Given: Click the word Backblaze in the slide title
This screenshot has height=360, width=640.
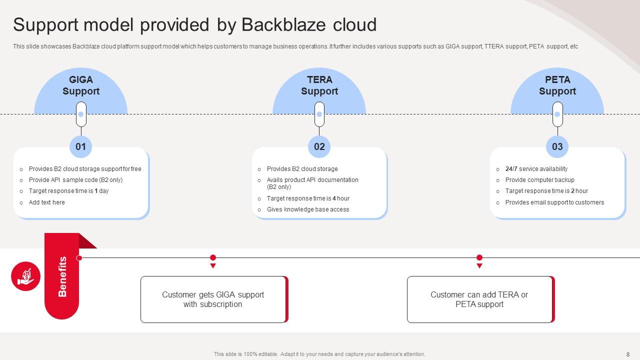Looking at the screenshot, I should [283, 24].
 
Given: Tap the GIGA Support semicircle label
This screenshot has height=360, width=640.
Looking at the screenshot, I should [81, 85].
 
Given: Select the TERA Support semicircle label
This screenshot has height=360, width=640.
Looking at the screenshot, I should [319, 85].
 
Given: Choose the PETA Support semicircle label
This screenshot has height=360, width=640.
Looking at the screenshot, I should [557, 85].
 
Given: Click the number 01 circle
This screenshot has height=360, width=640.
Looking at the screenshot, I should [81, 146].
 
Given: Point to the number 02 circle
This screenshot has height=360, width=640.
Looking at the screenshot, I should [319, 146].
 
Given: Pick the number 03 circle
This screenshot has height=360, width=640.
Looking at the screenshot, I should [557, 146].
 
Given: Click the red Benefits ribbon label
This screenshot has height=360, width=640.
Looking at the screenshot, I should [62, 276].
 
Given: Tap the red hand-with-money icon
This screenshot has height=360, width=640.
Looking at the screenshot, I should [26, 276].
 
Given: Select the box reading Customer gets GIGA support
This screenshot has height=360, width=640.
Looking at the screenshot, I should [213, 299].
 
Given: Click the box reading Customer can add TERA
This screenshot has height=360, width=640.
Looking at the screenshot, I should [479, 299].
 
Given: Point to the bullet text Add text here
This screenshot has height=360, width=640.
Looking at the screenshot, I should [47, 202].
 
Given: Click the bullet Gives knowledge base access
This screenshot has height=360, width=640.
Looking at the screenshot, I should [308, 209].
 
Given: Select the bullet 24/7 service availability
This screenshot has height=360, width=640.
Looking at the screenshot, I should [536, 169].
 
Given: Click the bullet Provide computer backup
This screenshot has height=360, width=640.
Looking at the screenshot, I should [540, 180].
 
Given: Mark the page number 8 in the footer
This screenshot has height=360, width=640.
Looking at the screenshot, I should [628, 354].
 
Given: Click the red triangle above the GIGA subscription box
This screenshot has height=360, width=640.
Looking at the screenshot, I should [213, 266].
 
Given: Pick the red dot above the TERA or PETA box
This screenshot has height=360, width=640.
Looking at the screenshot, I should [479, 257].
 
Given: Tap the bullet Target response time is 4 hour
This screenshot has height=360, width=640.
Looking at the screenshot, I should [308, 198].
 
